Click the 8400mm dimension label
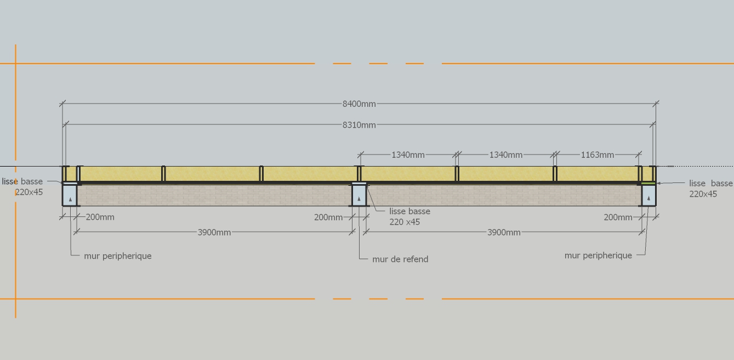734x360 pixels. (x=359, y=104)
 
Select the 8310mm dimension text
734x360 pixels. (x=359, y=125)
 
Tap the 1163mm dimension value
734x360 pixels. (x=597, y=155)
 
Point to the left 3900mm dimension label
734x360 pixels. (x=214, y=232)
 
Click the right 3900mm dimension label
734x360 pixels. (x=504, y=232)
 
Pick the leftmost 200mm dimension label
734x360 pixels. (x=100, y=217)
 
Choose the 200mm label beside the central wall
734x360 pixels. (x=328, y=218)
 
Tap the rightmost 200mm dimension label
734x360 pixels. (x=618, y=218)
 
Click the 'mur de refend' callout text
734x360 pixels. (x=400, y=259)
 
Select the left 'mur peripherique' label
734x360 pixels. (x=118, y=256)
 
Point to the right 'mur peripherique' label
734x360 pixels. (x=598, y=255)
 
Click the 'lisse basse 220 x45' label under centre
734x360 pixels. (x=409, y=216)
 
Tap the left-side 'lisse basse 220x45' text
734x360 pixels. (x=23, y=187)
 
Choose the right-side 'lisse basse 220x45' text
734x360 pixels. (x=710, y=188)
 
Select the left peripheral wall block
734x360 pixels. (x=70, y=195)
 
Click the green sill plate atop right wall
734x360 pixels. (x=648, y=183)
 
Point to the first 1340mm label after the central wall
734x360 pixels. (x=408, y=155)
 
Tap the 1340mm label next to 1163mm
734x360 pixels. (x=505, y=155)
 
